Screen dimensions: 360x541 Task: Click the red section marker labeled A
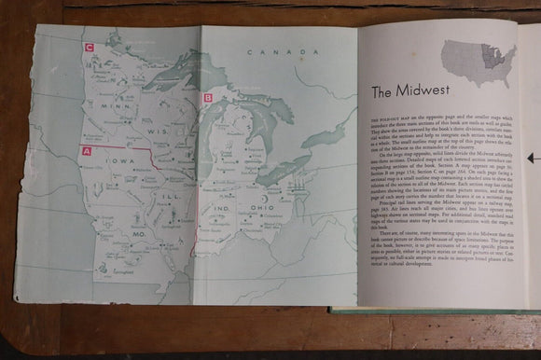87,150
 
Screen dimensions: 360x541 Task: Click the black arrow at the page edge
530,159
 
